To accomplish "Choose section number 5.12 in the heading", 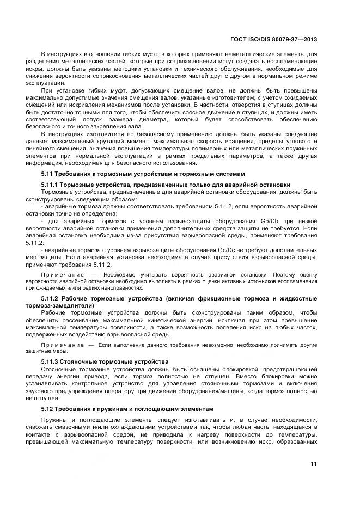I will click(x=47, y=408).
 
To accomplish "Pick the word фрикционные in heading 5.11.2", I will click(x=217, y=299).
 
